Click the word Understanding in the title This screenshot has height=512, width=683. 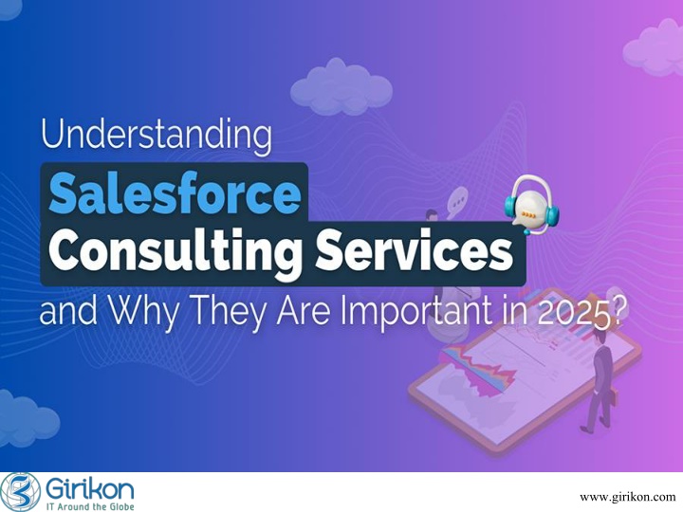tap(157, 135)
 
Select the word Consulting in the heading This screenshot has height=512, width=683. tap(175, 252)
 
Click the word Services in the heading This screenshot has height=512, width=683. tap(415, 250)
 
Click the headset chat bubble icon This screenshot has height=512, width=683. tap(531, 205)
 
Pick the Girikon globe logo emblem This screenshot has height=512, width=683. tap(21, 492)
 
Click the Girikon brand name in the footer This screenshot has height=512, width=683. tap(90, 489)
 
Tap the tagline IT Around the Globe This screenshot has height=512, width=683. tap(90, 506)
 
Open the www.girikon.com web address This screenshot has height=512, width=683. tap(628, 497)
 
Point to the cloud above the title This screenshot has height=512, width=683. tap(341, 86)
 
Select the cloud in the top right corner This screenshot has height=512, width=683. tap(654, 47)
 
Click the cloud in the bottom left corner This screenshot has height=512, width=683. tap(27, 418)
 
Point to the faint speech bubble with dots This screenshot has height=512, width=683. tap(457, 202)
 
